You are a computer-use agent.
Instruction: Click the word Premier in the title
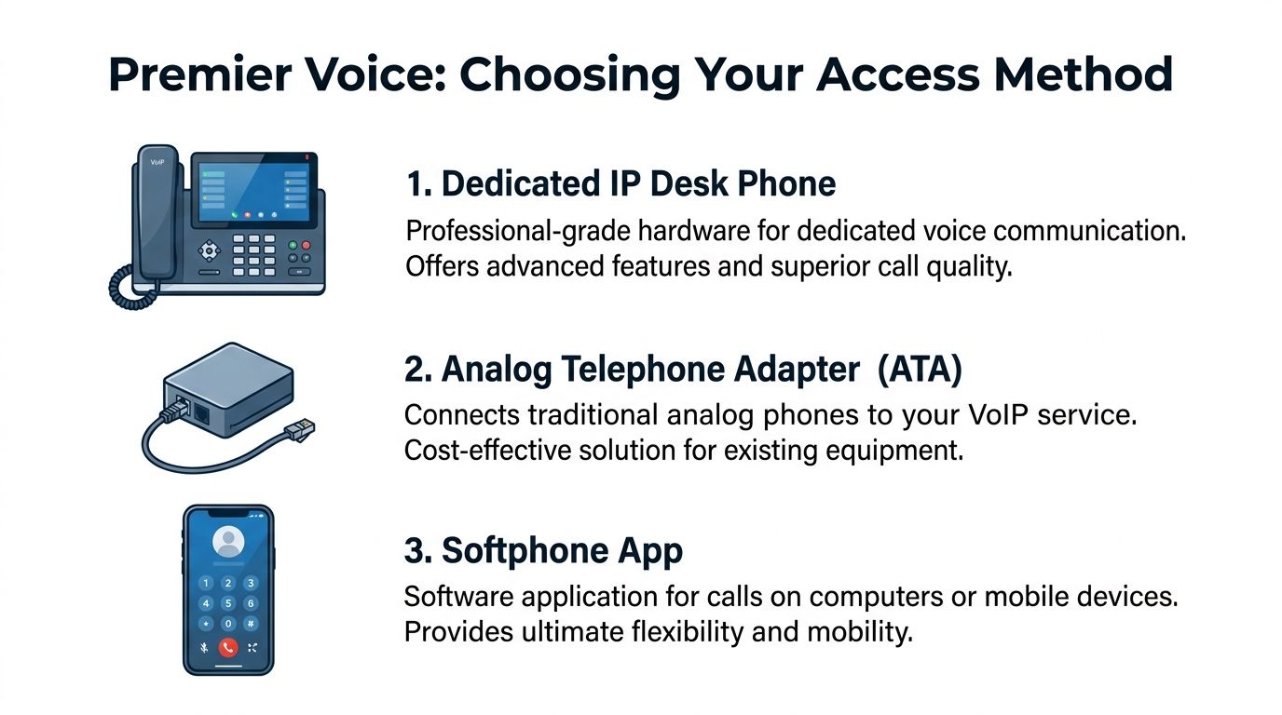coord(200,74)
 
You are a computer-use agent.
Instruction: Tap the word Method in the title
coord(1084,74)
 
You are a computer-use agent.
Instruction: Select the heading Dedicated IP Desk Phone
coord(621,183)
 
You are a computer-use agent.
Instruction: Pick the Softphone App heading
coord(544,551)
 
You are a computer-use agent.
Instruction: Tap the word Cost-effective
coord(487,451)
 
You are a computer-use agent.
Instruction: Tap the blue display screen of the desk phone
coord(253,192)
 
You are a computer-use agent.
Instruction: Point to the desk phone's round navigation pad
coord(209,251)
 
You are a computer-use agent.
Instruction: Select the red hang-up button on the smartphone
coord(227,647)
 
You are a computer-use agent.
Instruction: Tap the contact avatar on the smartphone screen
coord(228,541)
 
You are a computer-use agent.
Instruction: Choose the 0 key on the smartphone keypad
coord(227,624)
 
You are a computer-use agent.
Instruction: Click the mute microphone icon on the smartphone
coord(204,648)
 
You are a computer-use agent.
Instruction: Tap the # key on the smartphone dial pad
coord(250,624)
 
